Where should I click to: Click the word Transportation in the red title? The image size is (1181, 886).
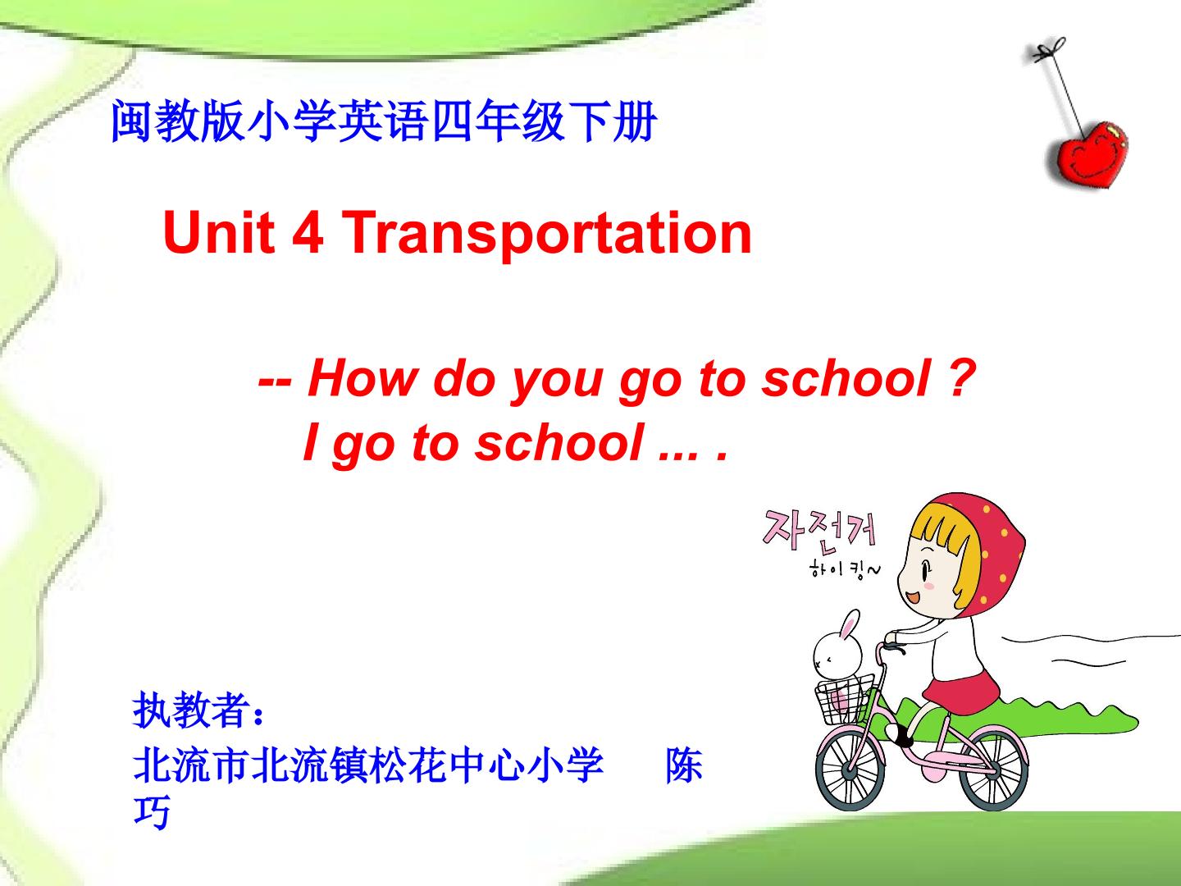click(547, 233)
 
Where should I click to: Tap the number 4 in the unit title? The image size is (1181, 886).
click(308, 231)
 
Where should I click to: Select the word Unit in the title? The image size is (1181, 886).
click(219, 231)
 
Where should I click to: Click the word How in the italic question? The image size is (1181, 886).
click(362, 379)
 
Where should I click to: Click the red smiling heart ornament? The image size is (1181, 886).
click(1088, 154)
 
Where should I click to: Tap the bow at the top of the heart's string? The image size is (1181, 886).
click(1047, 50)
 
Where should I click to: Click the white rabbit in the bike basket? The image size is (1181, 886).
click(837, 648)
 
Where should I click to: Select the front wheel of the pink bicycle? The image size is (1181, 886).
click(850, 770)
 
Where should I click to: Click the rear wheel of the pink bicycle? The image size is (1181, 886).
click(994, 770)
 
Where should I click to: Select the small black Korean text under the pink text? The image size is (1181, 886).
click(845, 569)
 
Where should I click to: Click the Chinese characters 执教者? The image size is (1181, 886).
click(190, 710)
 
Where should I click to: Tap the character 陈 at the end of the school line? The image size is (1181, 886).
click(684, 765)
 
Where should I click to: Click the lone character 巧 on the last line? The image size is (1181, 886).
click(152, 812)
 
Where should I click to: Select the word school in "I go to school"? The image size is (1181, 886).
click(559, 443)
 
